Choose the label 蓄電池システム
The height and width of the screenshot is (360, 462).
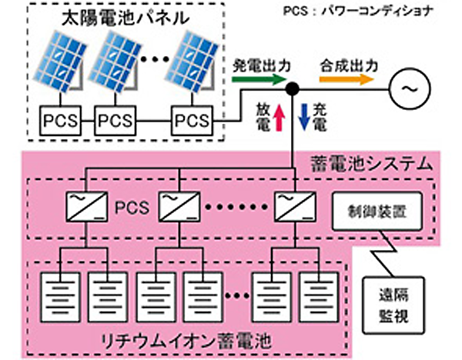click(x=361, y=165)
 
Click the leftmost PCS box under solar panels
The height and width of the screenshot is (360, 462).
click(x=60, y=121)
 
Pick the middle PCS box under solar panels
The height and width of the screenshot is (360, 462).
click(x=116, y=121)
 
